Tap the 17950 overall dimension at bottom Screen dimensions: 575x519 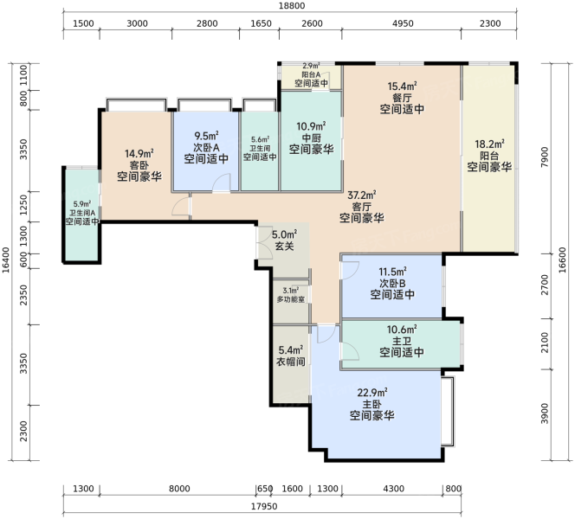pos(264,507)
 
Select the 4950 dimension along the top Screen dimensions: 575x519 pos(403,23)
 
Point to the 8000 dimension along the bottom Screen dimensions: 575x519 pos(179,489)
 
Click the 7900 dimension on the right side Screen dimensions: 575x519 pos(545,157)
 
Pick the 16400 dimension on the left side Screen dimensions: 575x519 pos(6,260)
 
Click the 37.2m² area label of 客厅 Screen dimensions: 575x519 pos(362,195)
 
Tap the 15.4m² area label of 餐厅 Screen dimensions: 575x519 pos(402,86)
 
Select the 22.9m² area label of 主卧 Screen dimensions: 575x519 pos(372,393)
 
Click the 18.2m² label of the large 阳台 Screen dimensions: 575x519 pos(489,144)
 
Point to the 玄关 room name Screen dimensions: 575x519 pos(285,246)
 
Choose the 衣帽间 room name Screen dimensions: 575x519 pos(290,362)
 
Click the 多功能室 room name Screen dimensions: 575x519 pos(291,299)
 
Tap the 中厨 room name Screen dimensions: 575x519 pos(312,138)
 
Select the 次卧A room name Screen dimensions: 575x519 pos(206,147)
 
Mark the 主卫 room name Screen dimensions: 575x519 pos(402,342)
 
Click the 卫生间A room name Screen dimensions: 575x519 pos(82,213)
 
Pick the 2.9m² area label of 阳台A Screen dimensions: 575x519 pos(311,66)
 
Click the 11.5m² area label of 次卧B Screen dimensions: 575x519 pos(392,272)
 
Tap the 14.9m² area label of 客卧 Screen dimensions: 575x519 pos(139,153)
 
